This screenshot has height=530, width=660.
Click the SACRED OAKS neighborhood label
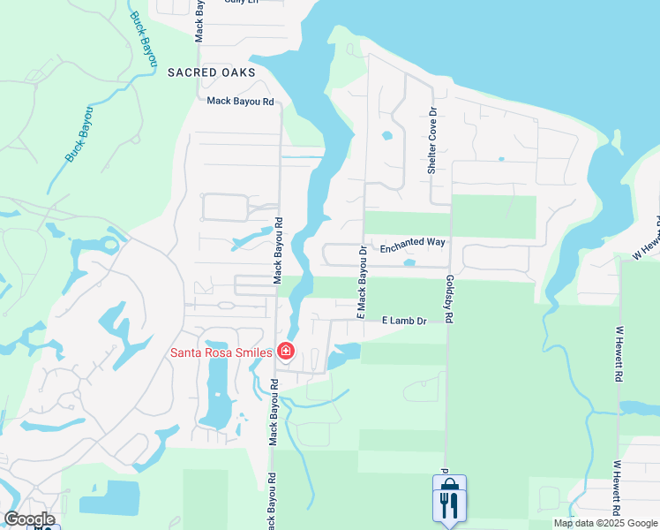tap(211, 72)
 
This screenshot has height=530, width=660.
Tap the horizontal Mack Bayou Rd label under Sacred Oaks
tap(240, 102)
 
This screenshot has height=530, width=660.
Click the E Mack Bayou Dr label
tap(361, 283)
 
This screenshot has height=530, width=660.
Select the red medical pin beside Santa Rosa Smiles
tap(285, 352)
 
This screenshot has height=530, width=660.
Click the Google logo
tap(29, 519)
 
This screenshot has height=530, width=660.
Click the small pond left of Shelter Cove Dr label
tap(386, 136)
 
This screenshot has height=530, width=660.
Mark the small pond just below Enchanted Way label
tap(408, 262)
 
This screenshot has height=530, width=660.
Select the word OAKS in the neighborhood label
tap(238, 72)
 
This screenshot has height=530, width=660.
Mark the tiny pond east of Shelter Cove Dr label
tap(500, 159)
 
